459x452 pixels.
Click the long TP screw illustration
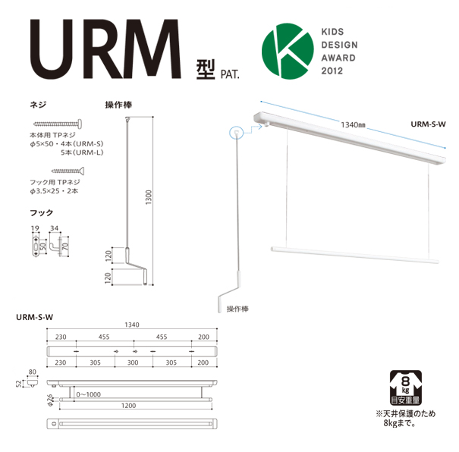click(x=58, y=123)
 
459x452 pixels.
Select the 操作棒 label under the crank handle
click(x=239, y=309)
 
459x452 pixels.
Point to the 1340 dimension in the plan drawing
click(x=132, y=324)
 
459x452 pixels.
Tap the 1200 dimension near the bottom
click(x=132, y=406)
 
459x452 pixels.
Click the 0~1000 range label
click(x=89, y=394)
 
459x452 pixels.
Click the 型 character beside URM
click(x=206, y=70)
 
